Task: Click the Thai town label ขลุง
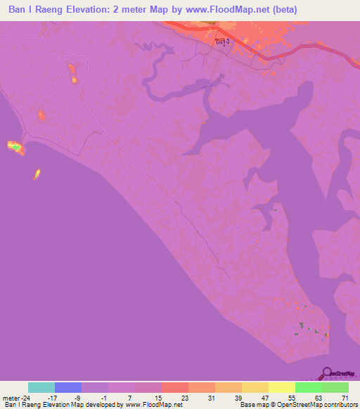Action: point(224,41)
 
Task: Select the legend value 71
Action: point(345,398)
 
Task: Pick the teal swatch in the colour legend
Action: point(41,387)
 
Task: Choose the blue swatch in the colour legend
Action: point(68,387)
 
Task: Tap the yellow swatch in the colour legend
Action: point(282,387)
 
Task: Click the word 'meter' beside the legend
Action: point(10,398)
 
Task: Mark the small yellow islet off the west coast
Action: point(37,173)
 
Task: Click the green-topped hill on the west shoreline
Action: point(15,147)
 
